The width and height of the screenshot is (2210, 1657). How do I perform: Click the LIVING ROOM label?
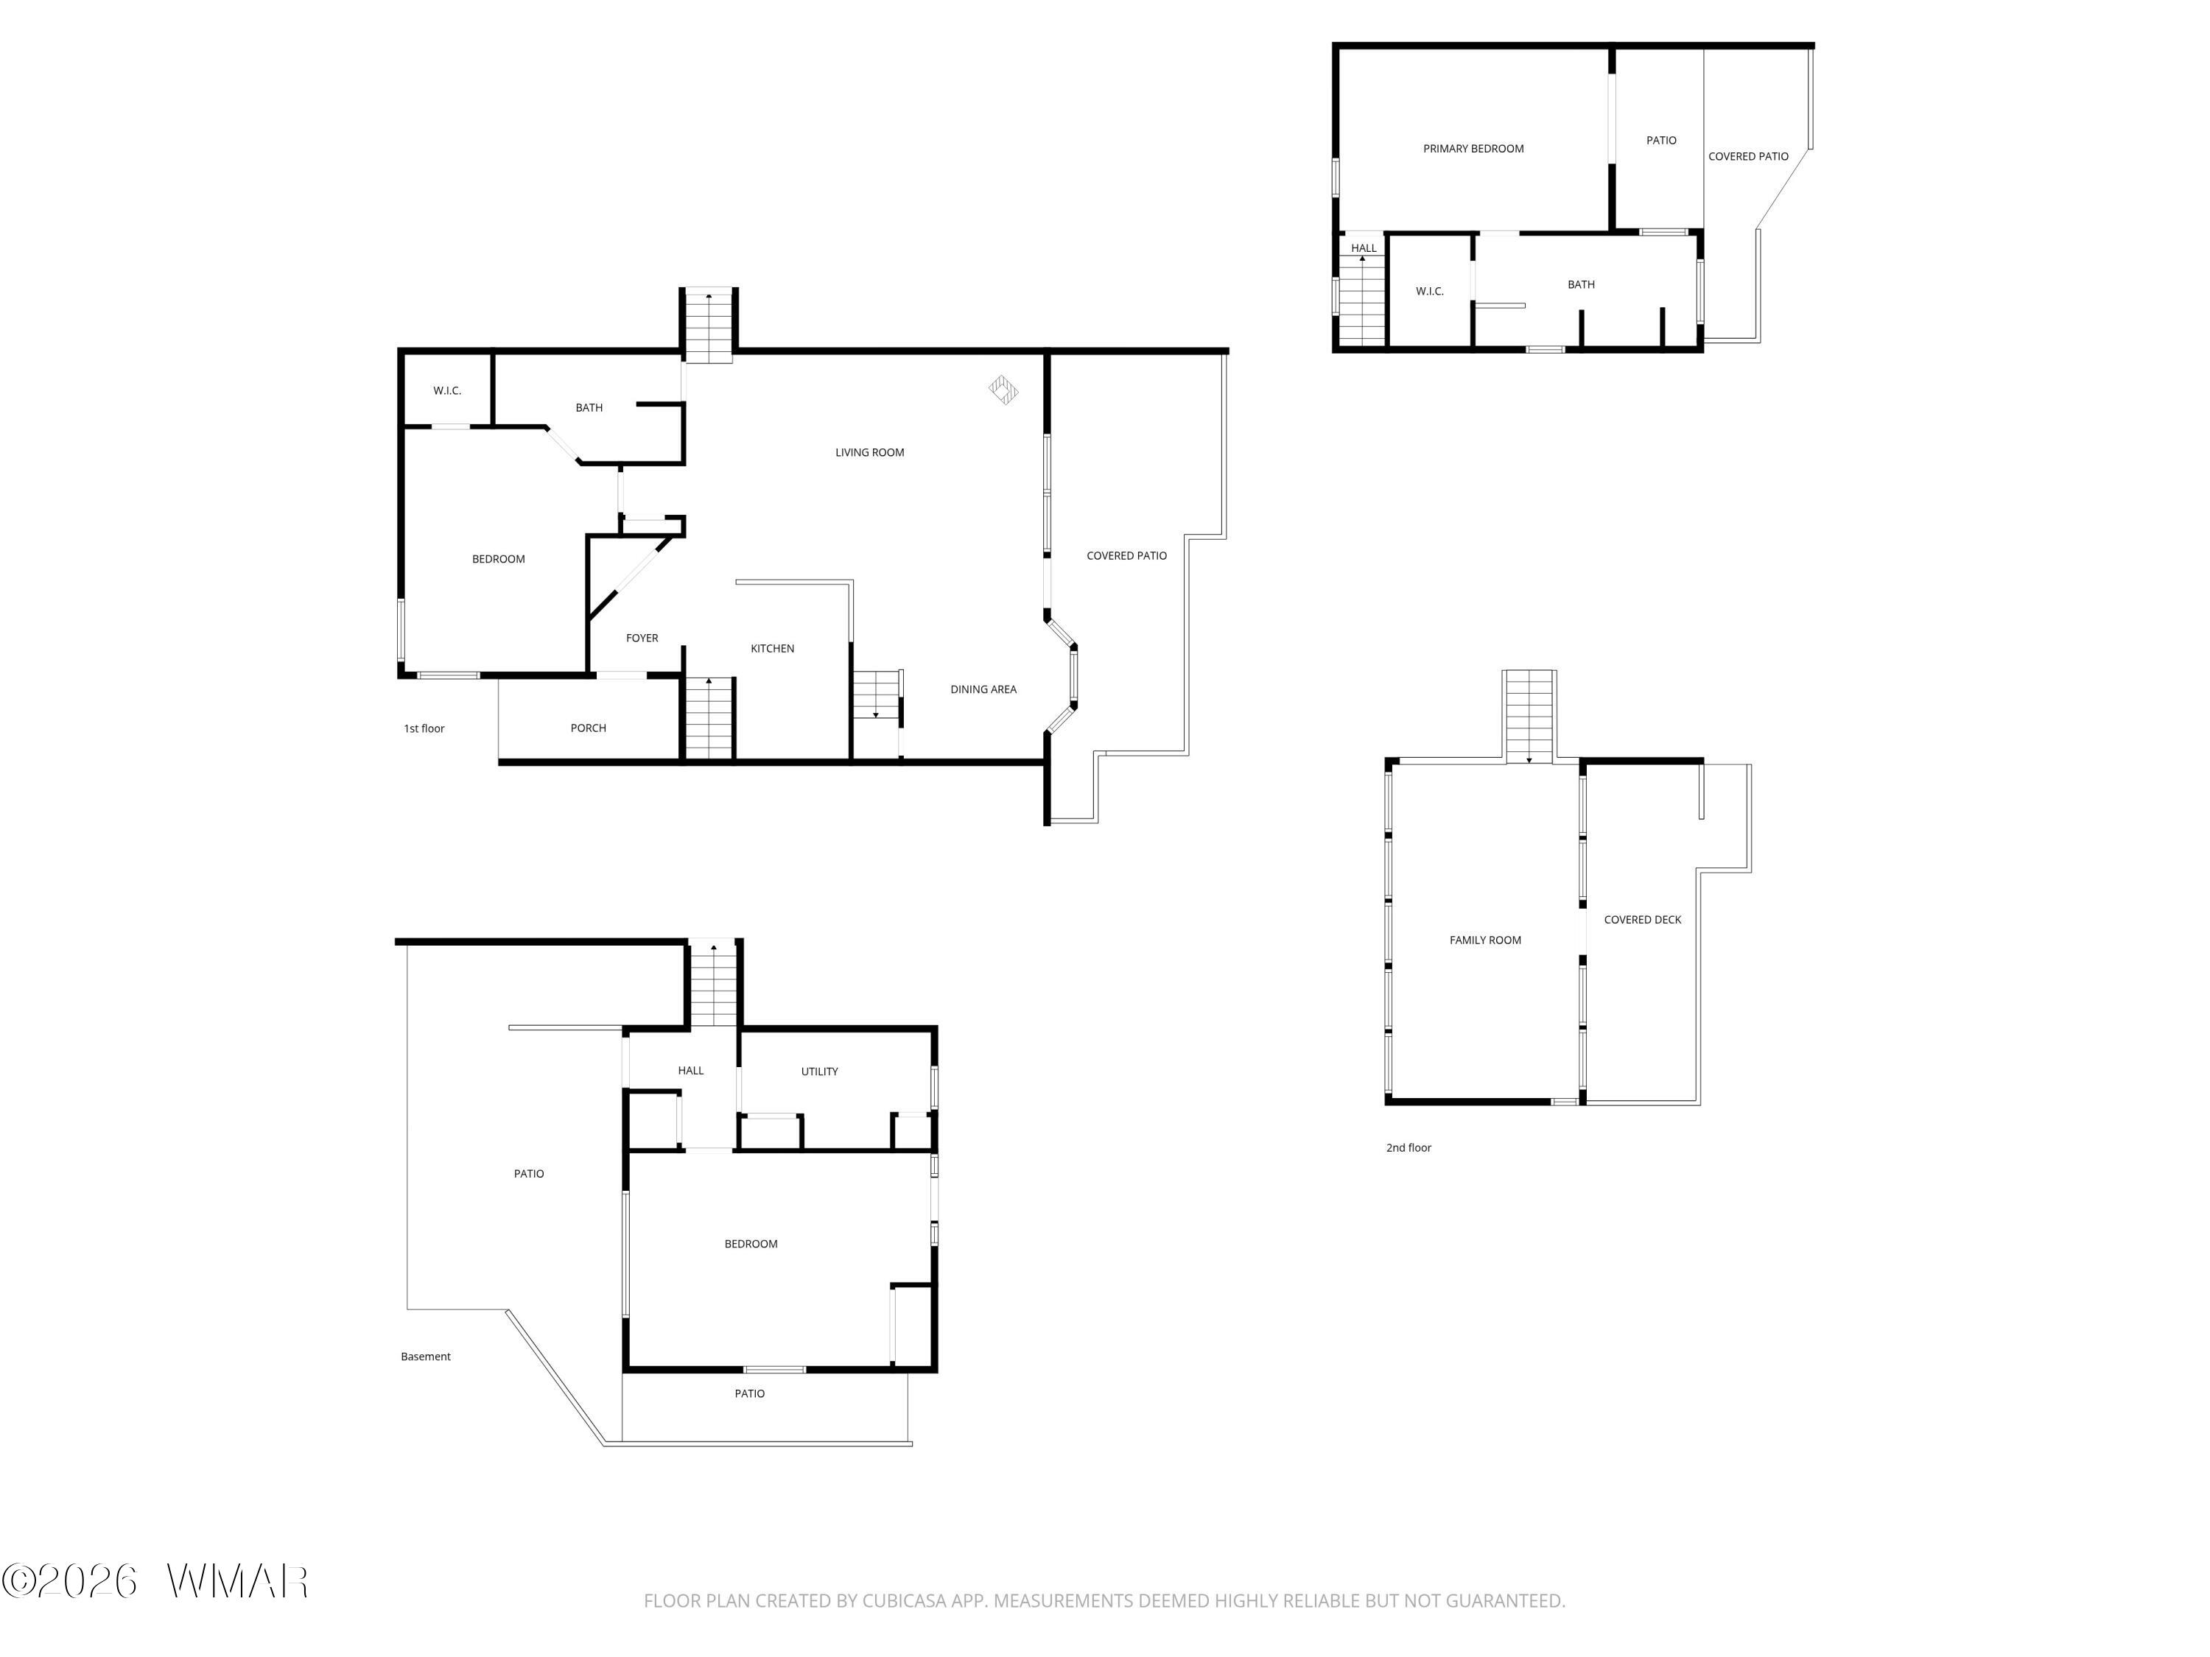(x=869, y=452)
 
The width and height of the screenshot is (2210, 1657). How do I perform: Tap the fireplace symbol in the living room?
(x=1003, y=390)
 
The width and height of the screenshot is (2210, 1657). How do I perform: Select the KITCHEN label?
(x=772, y=648)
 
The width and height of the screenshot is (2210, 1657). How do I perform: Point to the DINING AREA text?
(x=983, y=689)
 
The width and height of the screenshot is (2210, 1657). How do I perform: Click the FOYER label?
(x=642, y=638)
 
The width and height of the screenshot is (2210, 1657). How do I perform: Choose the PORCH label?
(x=589, y=728)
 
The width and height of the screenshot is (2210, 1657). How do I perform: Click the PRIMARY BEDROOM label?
(x=1473, y=149)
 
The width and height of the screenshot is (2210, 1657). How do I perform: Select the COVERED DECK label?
(x=1643, y=920)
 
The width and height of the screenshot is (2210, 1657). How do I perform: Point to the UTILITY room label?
(x=819, y=1072)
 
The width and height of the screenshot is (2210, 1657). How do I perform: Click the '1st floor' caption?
(x=424, y=729)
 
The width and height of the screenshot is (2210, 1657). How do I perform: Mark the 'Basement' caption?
(x=426, y=1357)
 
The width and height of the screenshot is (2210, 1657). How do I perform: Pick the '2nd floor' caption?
(x=1409, y=1147)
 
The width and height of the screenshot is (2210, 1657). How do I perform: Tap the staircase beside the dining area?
(x=876, y=695)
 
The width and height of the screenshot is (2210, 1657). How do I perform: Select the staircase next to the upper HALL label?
(x=1363, y=300)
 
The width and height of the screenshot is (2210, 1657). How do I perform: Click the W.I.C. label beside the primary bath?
(x=1430, y=292)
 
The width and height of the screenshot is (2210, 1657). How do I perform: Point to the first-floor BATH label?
(x=589, y=407)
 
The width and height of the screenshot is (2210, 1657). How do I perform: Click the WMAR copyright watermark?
(x=155, y=1581)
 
